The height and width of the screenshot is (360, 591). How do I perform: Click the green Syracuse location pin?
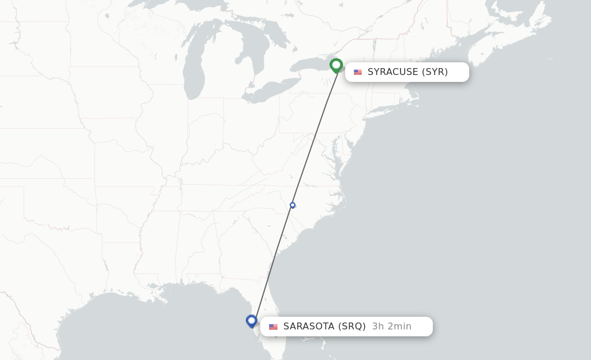[336, 65]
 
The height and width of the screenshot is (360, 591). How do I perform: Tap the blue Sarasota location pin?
[251, 320]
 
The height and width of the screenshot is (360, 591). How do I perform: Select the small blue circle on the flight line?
[293, 205]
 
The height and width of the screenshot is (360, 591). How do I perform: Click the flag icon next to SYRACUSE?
[358, 72]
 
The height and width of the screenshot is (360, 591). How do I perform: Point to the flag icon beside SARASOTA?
[273, 327]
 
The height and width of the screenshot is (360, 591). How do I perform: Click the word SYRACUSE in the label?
[392, 72]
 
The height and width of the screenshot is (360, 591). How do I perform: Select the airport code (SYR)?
[435, 72]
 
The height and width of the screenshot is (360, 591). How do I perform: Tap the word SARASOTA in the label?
[309, 327]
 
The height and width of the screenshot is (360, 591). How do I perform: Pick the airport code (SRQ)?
[351, 327]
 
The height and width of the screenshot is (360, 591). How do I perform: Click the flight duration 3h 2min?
[392, 327]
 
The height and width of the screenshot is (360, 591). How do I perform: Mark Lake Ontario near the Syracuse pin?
[312, 65]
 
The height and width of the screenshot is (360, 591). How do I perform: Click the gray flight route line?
[315, 138]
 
